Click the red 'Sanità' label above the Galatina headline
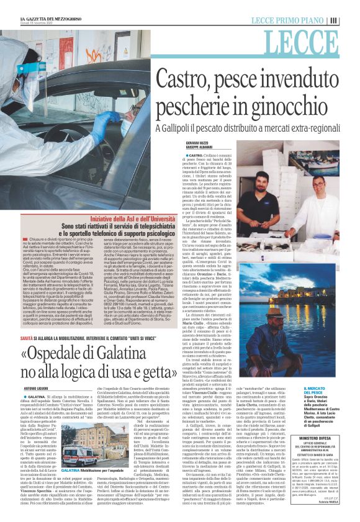click(27, 337)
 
